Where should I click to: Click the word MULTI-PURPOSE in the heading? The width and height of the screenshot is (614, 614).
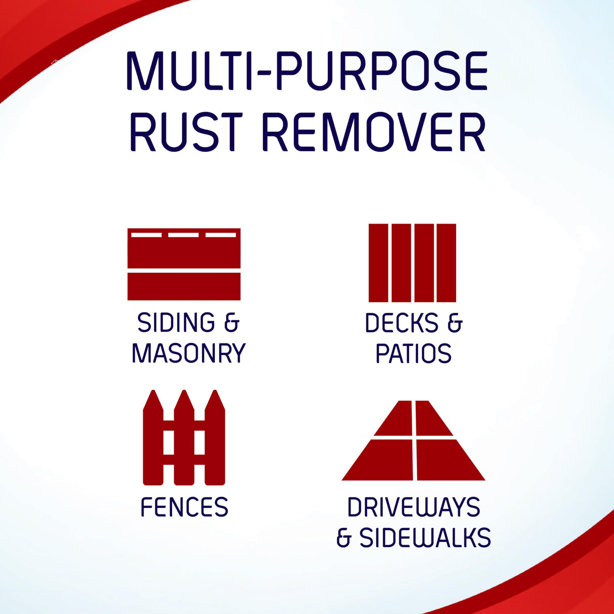[x=306, y=71]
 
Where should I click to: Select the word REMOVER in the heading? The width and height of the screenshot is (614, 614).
[x=374, y=133]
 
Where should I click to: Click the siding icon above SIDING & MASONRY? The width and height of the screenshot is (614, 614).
[x=184, y=264]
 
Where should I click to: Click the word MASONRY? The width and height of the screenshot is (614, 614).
[x=189, y=353]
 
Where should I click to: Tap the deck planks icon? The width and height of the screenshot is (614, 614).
[x=412, y=263]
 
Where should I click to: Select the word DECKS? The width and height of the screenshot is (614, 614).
[x=402, y=323]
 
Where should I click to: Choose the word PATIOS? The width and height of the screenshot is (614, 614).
[x=413, y=354]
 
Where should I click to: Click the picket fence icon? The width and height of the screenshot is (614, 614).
[x=184, y=438]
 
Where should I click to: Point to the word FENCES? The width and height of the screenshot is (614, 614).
[x=184, y=507]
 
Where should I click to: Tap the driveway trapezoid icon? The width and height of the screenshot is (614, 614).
[x=414, y=441]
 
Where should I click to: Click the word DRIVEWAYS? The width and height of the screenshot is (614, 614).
[x=414, y=507]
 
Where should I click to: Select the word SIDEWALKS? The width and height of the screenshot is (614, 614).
[x=425, y=538]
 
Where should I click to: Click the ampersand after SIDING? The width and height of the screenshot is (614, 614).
[x=231, y=323]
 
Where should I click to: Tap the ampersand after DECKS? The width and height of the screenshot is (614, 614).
[x=455, y=323]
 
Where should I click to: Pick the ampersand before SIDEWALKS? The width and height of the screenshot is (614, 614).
[x=344, y=538]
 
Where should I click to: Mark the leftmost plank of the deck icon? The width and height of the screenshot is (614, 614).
[x=378, y=263]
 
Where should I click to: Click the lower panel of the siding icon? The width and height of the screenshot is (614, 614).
[x=184, y=287]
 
